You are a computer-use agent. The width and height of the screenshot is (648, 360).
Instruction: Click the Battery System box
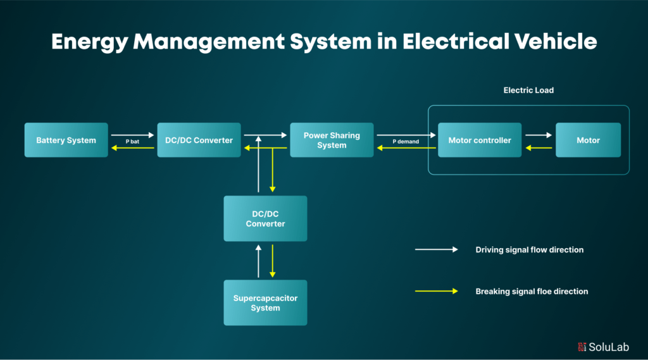(x=66, y=140)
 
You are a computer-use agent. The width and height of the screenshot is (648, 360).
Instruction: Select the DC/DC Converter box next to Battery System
(x=199, y=140)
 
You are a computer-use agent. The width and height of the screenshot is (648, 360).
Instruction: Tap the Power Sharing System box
(x=332, y=140)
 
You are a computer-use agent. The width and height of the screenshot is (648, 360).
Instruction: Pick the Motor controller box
(x=480, y=140)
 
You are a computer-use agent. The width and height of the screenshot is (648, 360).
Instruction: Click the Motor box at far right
(x=588, y=140)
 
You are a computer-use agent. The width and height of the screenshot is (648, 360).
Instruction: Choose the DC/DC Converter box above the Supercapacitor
(x=265, y=218)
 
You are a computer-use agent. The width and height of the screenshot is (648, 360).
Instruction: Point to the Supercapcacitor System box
(x=265, y=302)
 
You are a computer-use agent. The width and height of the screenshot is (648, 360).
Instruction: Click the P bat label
(x=132, y=142)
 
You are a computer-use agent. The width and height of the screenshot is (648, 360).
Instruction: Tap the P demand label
(x=406, y=142)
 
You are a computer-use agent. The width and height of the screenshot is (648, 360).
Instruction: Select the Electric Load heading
(x=528, y=90)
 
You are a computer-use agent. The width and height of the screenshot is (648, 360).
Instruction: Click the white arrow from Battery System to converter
(x=132, y=135)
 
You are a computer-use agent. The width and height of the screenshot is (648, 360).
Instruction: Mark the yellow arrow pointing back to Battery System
(x=132, y=148)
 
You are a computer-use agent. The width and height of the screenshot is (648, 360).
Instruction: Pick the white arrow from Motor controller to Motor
(x=539, y=135)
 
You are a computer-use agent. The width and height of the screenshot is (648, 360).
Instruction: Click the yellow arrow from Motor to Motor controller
(x=539, y=148)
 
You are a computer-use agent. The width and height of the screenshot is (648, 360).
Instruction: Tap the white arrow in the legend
(x=436, y=250)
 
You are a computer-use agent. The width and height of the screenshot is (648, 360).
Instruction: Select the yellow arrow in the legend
(x=436, y=291)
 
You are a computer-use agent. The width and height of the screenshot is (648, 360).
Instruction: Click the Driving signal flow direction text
(x=529, y=250)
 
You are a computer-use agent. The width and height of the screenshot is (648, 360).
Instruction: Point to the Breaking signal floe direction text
(x=532, y=292)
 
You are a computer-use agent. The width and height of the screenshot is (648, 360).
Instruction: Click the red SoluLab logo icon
(x=582, y=347)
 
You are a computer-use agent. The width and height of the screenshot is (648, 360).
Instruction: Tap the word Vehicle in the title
(x=551, y=42)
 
